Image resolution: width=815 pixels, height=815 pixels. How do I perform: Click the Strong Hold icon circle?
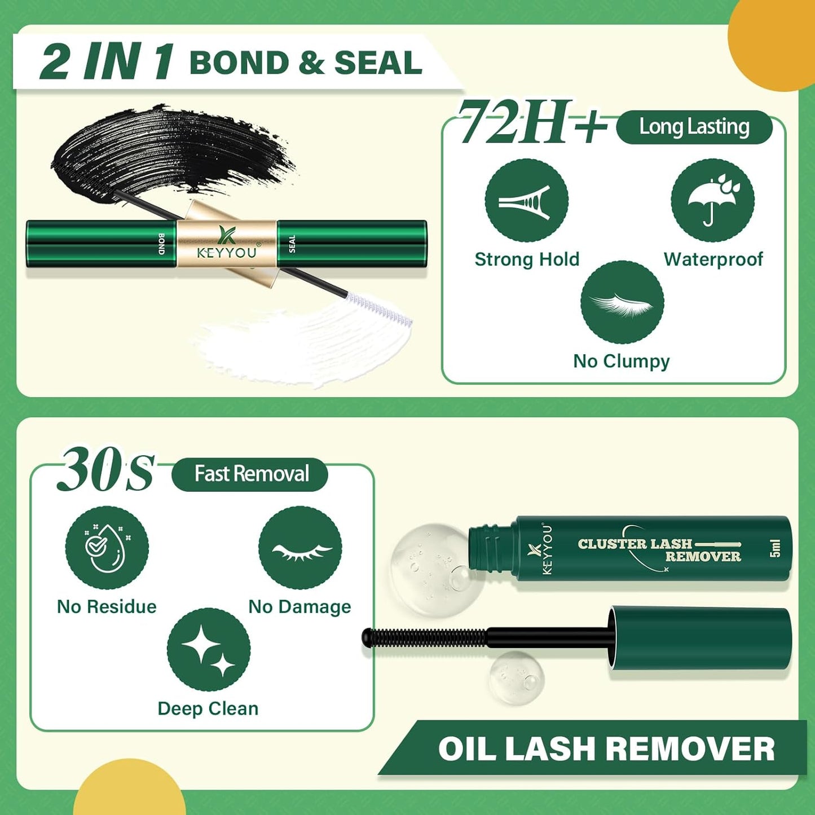coord(526,201)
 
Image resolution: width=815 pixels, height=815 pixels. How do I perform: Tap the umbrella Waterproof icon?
coord(712,201)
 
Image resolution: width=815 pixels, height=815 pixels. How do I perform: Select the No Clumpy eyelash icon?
coord(622,302)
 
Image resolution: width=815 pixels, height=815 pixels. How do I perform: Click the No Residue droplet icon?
coord(107,548)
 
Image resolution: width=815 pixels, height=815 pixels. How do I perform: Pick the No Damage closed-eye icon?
coord(300,548)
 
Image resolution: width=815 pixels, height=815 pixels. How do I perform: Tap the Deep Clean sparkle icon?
coord(209,650)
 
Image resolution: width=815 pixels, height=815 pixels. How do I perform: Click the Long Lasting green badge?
coord(694,127)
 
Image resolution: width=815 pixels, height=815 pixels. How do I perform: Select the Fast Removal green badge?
coord(250,474)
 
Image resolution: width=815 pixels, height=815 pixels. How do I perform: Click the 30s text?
coord(105,469)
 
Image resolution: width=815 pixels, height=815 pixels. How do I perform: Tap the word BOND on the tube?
coord(162,244)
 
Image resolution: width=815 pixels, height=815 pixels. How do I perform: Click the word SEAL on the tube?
coord(292,244)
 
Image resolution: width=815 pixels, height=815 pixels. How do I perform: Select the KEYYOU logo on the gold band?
coord(227,244)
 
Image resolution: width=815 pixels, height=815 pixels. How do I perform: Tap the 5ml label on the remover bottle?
coord(776,548)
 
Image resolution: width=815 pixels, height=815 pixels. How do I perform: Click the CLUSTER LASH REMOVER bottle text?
coord(659,550)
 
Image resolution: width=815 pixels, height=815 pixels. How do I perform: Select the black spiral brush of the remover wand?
coord(423,637)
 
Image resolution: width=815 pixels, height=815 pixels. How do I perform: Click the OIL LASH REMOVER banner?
coord(606,749)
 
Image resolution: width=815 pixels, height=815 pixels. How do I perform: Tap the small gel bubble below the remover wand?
coord(516,677)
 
